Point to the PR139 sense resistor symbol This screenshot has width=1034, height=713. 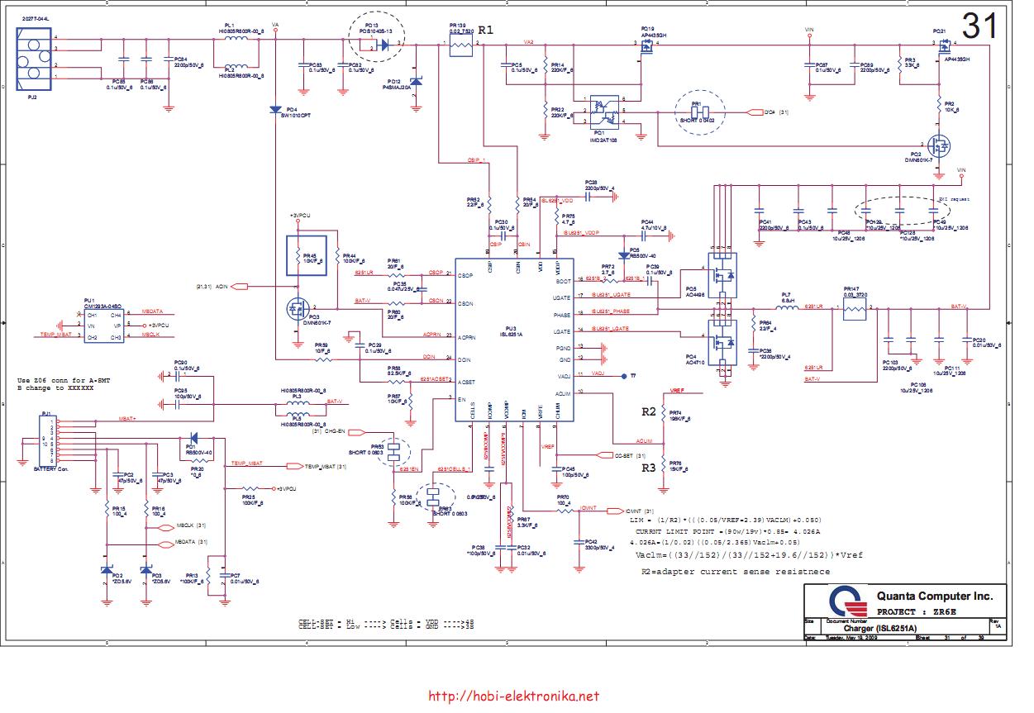click(x=460, y=48)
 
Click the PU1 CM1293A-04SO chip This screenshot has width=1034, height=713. click(x=104, y=326)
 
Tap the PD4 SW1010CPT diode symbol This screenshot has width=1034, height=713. click(x=275, y=109)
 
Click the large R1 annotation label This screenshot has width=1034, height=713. click(x=485, y=30)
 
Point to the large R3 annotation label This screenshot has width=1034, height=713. click(x=649, y=467)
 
